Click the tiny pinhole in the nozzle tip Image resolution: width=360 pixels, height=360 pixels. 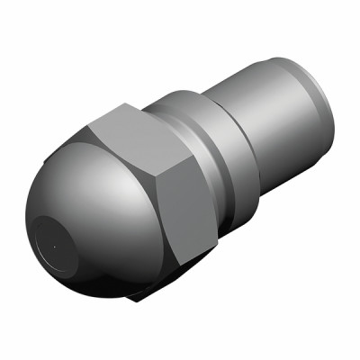click(55, 244)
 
